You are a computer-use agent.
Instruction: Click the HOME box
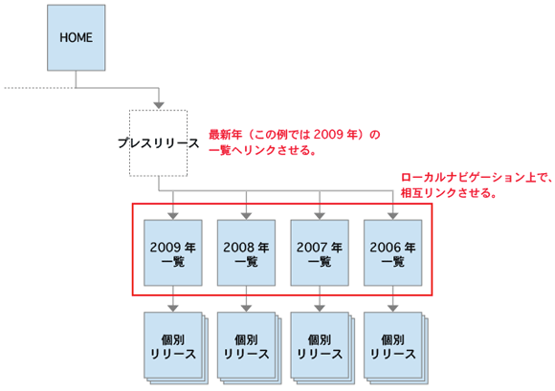(76, 39)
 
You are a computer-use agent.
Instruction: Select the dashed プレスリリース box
(159, 143)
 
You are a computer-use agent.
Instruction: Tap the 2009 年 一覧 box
(172, 252)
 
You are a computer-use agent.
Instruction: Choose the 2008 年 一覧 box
(246, 252)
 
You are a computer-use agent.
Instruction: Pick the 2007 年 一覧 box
(319, 252)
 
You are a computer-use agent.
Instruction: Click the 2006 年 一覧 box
(391, 252)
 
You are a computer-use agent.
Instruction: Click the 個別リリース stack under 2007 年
(320, 345)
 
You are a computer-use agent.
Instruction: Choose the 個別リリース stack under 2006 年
(392, 345)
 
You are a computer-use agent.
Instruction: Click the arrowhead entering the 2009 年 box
(172, 215)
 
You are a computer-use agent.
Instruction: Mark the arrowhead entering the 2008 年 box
(246, 215)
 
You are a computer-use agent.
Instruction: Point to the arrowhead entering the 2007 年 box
(319, 215)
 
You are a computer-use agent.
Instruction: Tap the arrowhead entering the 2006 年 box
(391, 215)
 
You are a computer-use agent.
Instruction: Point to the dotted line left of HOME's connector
(38, 88)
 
